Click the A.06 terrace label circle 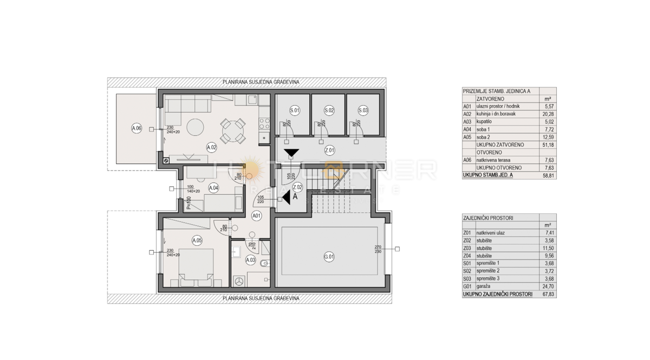(x=136, y=128)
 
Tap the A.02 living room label (x=211, y=147)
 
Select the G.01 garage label (x=329, y=257)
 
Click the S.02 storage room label (x=329, y=111)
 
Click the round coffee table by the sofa (x=194, y=128)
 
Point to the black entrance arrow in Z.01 (x=291, y=153)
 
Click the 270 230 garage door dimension (x=378, y=249)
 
